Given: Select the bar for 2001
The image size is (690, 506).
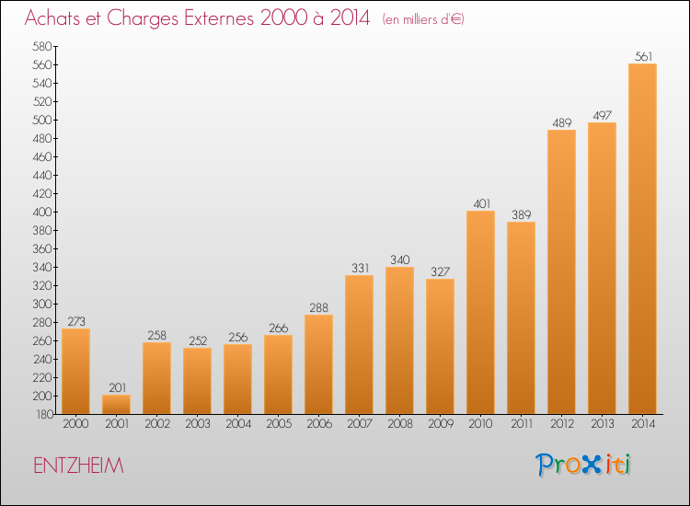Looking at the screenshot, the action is point(116,405).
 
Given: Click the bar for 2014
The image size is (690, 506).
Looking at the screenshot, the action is point(642,239).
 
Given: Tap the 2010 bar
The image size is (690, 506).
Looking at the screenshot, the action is point(480,313).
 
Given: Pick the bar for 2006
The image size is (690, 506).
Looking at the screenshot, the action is point(318,364).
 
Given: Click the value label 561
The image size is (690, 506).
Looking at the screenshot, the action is point(643,56).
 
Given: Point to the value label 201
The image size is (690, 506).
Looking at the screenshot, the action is point(117,387).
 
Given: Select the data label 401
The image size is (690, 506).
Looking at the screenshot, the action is point(481,203).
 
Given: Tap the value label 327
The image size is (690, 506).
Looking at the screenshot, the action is point(440,271).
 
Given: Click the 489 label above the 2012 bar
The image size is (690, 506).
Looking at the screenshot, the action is point(562,122).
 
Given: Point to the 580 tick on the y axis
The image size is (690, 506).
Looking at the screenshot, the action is point(42,46).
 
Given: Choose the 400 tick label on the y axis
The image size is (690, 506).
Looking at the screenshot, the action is point(42,213).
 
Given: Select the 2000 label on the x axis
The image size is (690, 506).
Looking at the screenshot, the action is point(75,424).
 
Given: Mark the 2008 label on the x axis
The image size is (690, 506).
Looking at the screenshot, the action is point(400,424).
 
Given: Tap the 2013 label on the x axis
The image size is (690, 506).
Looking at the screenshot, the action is point(602,424).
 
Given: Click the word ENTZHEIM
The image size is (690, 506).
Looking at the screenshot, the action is point(78,466).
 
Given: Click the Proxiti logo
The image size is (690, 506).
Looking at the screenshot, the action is point(583,465).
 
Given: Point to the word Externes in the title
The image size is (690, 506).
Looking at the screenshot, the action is point(218,18).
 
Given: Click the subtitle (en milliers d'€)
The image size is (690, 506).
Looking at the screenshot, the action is point(423,19).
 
